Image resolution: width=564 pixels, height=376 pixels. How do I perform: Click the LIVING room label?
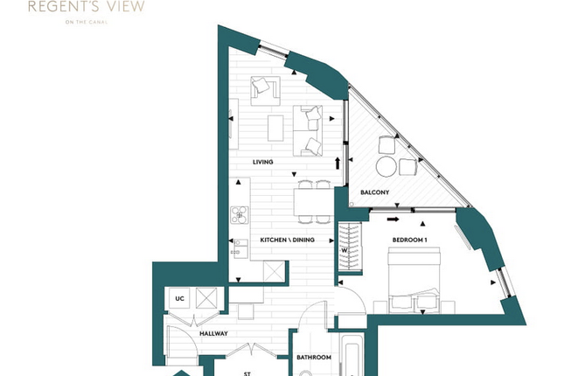[x=262, y=162]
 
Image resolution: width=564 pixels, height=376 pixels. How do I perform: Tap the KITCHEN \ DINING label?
[x=287, y=240]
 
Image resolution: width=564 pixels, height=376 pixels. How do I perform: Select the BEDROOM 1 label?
[x=410, y=240]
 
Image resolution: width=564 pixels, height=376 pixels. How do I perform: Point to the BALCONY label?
[x=375, y=192]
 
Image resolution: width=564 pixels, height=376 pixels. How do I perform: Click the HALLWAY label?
[x=213, y=333]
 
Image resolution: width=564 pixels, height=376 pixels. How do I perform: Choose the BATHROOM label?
[x=314, y=358]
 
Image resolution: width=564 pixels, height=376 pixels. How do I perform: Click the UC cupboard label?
[x=179, y=298]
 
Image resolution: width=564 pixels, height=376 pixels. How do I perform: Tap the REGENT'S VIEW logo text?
[x=87, y=6]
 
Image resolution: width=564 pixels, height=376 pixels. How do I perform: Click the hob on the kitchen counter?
[x=240, y=215]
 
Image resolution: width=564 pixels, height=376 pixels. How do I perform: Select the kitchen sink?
[x=241, y=248]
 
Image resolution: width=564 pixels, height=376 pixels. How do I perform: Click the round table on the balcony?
[x=386, y=166]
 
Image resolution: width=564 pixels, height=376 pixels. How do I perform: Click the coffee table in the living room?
[x=275, y=128]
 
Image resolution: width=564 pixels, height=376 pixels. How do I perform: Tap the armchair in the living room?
[x=266, y=91]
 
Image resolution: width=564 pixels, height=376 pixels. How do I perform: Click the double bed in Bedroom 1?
[x=414, y=279]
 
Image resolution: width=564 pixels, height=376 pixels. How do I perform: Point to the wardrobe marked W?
[x=350, y=247]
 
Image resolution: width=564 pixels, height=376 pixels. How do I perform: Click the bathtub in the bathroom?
[x=352, y=356]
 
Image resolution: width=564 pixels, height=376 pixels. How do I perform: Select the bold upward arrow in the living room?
[x=338, y=163]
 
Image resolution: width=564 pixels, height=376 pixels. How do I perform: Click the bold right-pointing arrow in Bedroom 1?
[x=393, y=219]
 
